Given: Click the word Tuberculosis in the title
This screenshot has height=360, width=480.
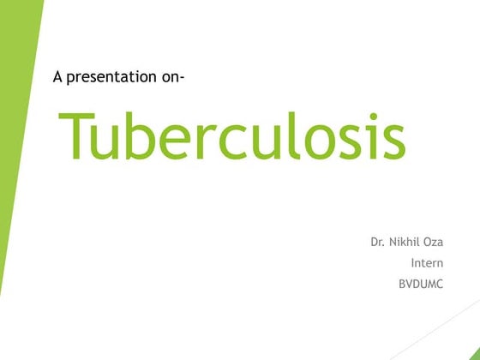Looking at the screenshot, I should [x=231, y=135].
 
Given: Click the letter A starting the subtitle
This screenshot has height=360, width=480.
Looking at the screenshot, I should [x=58, y=77].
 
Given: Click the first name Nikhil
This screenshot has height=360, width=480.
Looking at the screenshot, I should [x=405, y=243].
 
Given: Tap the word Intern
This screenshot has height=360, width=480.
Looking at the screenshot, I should [x=427, y=263].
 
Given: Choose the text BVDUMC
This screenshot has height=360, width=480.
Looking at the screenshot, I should [x=421, y=284].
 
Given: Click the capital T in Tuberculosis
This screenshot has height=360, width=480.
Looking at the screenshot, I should [x=77, y=135].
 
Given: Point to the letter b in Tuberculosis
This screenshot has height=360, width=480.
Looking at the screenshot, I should [x=147, y=135].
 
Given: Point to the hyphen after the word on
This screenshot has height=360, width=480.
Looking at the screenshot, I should [x=183, y=78].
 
